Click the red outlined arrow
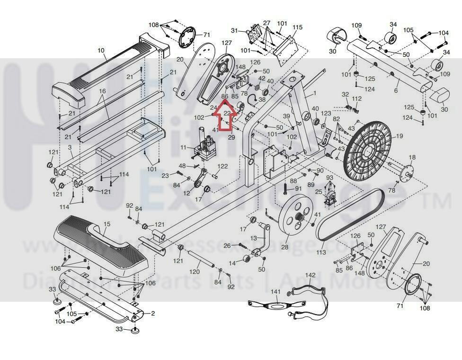[x=225, y=113]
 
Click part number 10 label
[x=100, y=50]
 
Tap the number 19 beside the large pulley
[x=400, y=136]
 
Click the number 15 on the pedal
[x=107, y=224]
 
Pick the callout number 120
[x=195, y=272]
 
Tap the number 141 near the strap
[x=275, y=292]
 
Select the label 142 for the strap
[x=310, y=275]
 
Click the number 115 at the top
[x=297, y=27]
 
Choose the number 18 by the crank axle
[x=412, y=157]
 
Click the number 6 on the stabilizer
[x=396, y=90]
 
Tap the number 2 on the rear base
[x=152, y=313]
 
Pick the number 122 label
[x=222, y=166]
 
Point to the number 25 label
[x=319, y=191]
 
